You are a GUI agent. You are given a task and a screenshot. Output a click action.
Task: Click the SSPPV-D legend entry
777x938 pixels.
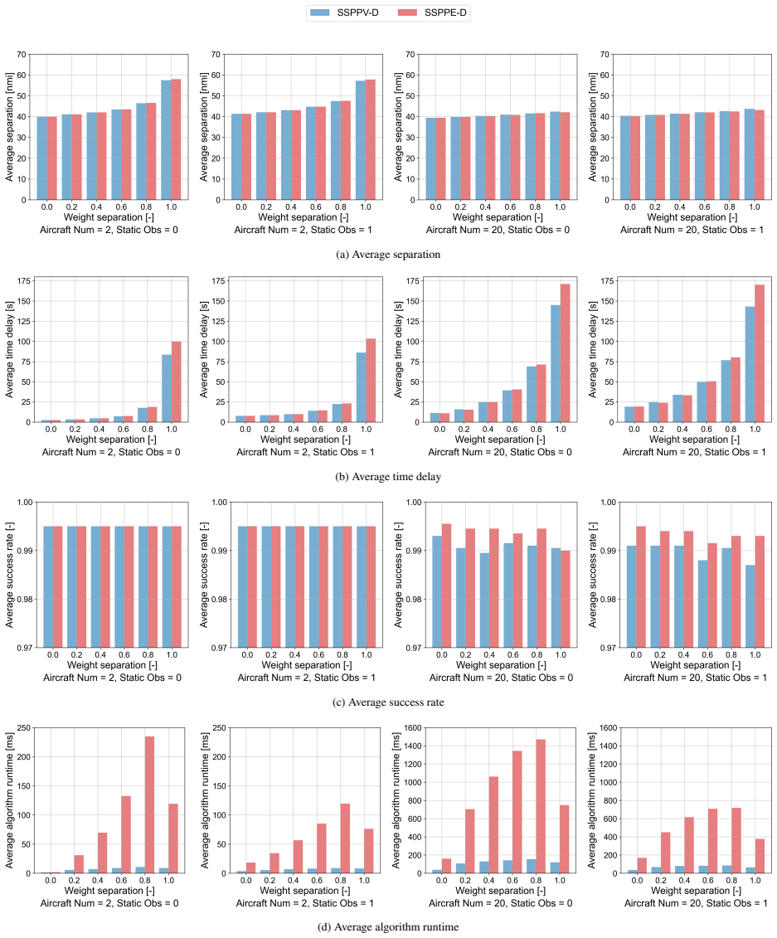344,12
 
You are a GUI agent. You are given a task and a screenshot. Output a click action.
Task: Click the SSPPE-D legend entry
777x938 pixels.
432,12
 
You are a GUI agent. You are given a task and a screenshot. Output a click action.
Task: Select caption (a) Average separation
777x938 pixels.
388,255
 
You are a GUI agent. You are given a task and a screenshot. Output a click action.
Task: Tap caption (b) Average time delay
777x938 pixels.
388,477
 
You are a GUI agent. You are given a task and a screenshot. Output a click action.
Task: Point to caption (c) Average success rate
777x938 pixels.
388,702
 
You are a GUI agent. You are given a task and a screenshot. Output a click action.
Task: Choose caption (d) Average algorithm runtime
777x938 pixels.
388,927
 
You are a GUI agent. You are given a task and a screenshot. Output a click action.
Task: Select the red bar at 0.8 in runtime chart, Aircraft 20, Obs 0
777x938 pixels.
541,806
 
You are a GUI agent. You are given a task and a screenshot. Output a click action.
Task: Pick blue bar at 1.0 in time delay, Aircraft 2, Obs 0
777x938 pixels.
167,388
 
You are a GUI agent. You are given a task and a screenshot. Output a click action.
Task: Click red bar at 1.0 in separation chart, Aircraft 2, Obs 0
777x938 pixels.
176,139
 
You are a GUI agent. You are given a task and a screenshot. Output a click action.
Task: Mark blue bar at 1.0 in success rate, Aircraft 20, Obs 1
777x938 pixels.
750,606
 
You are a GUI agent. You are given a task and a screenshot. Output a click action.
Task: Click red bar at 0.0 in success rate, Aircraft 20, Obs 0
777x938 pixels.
446,586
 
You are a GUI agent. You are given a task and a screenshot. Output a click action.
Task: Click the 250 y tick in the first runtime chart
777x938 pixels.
23,728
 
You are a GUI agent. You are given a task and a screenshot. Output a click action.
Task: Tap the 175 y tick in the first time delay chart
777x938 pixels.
24,280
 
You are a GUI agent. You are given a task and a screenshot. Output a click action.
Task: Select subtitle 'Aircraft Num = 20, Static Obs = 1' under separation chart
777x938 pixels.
692,230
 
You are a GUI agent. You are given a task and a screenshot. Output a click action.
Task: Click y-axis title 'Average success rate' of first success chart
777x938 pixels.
10,575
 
